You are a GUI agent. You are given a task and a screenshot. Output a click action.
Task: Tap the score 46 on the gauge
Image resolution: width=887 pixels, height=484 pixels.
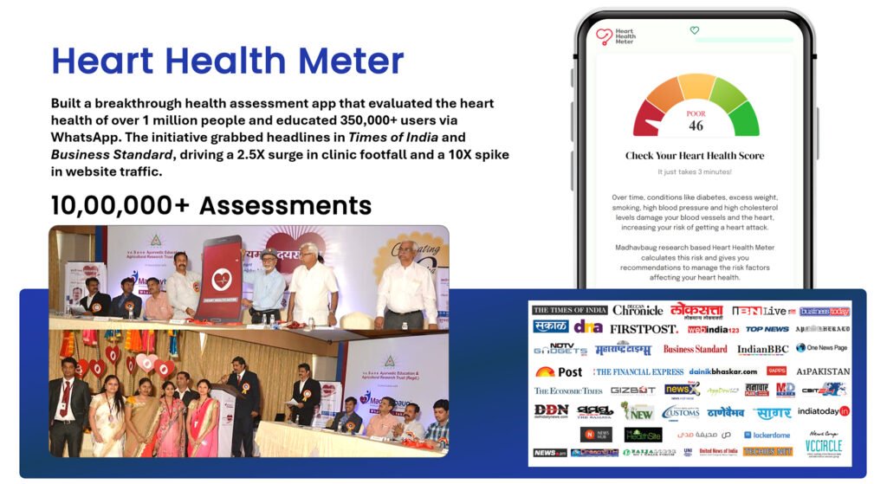point(696,126)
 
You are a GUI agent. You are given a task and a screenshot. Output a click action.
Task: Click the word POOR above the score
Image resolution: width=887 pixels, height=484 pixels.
point(696,113)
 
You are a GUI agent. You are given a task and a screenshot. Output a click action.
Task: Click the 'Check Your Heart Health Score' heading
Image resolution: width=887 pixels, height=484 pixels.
point(695,156)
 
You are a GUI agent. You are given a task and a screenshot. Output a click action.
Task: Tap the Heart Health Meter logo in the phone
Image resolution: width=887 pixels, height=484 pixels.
point(615,36)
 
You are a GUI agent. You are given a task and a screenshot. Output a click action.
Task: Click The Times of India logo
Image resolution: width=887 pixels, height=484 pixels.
point(569,310)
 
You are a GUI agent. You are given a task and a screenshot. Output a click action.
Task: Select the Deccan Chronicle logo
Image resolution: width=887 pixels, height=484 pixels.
point(638,310)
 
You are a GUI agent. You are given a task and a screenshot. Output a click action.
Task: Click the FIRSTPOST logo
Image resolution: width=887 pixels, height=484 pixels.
point(644,329)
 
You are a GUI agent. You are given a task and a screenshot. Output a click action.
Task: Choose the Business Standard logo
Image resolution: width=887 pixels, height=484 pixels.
point(695,350)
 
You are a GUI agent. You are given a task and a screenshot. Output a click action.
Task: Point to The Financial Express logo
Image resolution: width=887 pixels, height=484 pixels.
point(638,371)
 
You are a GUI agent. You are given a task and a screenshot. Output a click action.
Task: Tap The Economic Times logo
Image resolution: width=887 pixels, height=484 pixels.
point(568,391)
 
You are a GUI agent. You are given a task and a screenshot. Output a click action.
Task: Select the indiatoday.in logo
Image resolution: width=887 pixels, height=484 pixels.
point(823,411)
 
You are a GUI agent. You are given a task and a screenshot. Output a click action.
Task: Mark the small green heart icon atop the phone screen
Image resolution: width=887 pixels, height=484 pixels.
point(694,30)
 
